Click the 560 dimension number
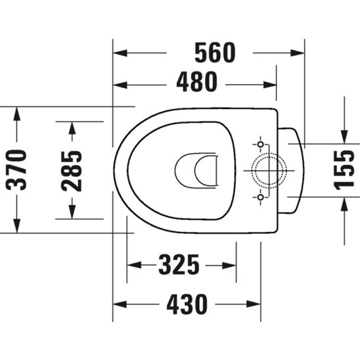(x=215, y=53)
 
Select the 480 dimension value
(x=196, y=81)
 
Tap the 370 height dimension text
(x=16, y=170)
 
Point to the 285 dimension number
(x=72, y=171)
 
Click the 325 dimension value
(x=179, y=265)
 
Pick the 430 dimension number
(x=187, y=304)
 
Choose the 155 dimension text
(x=344, y=170)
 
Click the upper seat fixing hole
(x=261, y=145)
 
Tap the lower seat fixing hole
(x=261, y=197)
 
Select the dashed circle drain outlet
(x=269, y=153)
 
